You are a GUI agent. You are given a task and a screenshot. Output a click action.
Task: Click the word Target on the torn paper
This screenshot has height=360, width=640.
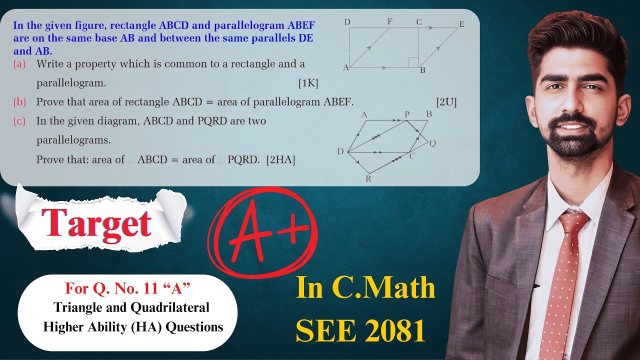[x=96, y=222]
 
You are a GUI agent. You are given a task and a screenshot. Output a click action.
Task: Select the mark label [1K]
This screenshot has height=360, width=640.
[x=308, y=83]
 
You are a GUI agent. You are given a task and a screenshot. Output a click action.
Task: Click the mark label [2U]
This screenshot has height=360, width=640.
[x=446, y=102]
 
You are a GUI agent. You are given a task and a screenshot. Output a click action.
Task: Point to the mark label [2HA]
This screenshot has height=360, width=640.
[x=280, y=160]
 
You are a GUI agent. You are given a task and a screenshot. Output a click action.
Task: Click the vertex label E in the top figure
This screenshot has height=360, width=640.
[x=461, y=23]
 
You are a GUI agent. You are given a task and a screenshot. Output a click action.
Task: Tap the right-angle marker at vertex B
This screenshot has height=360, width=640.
[x=413, y=62]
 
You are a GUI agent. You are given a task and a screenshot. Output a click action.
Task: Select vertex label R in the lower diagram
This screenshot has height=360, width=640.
[x=368, y=179]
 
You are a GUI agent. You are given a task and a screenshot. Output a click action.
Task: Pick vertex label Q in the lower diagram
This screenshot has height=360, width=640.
[x=432, y=143]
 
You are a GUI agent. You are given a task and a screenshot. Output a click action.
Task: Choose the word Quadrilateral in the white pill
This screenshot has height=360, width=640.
[x=169, y=307]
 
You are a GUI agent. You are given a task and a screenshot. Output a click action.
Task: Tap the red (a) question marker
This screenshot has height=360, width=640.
[x=19, y=64]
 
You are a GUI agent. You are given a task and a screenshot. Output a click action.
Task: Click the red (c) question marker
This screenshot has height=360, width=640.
[x=19, y=121]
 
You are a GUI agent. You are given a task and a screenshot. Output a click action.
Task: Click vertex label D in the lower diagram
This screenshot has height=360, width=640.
[x=340, y=152]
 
